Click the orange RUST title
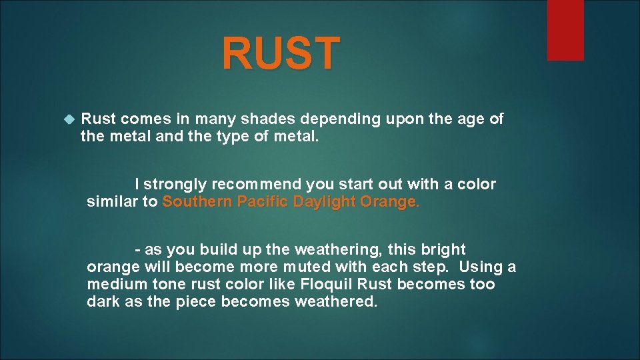pos(281,53)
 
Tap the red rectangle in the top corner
pos(565,29)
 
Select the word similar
pos(112,202)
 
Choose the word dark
pos(102,302)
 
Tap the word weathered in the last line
pos(336,302)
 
